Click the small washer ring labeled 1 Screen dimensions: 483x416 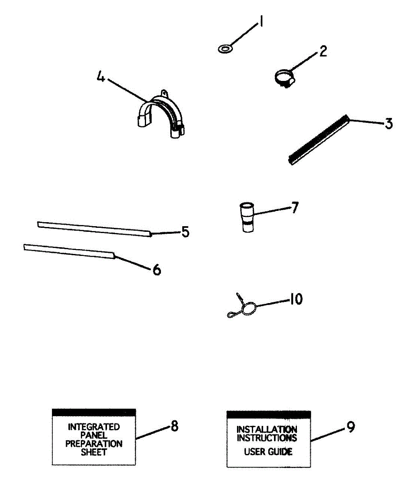(225, 49)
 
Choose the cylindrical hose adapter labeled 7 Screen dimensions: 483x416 (247, 217)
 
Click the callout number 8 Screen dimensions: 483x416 (174, 426)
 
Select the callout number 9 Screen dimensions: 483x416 (350, 427)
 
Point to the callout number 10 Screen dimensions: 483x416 (296, 299)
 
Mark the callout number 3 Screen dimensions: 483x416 (388, 124)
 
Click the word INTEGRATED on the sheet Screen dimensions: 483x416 (94, 427)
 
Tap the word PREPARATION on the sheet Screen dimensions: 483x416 (94, 444)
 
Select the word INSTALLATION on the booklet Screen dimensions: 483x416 (267, 429)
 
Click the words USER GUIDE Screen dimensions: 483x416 (268, 452)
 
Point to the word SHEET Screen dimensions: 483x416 (94, 452)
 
